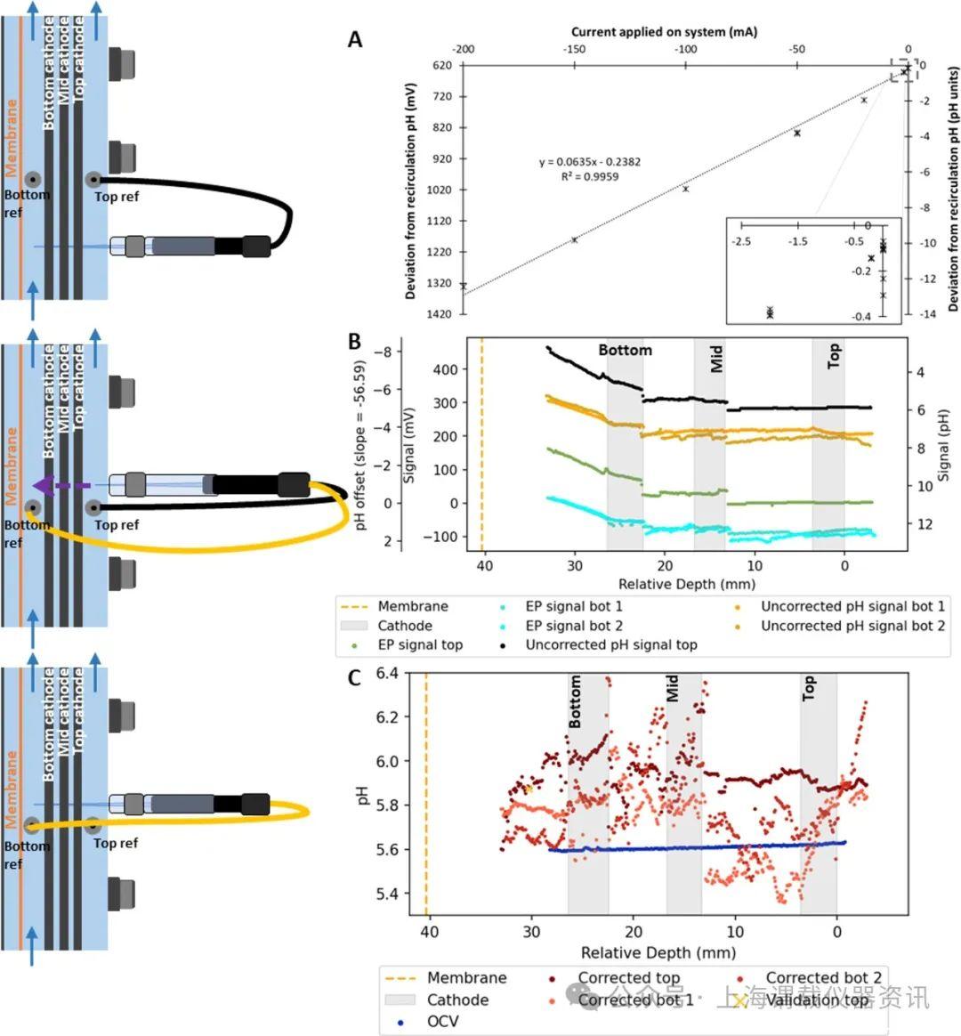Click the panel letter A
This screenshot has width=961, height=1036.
355,40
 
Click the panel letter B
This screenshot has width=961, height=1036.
354,342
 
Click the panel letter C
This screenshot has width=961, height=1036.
354,678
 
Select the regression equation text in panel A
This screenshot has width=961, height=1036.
589,162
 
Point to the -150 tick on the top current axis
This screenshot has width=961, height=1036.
574,50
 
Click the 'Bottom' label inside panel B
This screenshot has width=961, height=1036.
625,351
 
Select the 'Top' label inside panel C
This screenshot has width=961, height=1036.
808,688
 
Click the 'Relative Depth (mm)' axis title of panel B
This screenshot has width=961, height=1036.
687,584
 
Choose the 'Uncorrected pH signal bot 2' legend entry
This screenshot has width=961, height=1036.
852,626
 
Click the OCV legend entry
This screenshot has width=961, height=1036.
442,1021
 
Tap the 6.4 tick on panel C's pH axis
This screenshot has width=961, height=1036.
389,674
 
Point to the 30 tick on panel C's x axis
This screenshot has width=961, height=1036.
531,932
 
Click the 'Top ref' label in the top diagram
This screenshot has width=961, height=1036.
117,197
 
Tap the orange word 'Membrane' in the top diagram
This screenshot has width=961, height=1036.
12,137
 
